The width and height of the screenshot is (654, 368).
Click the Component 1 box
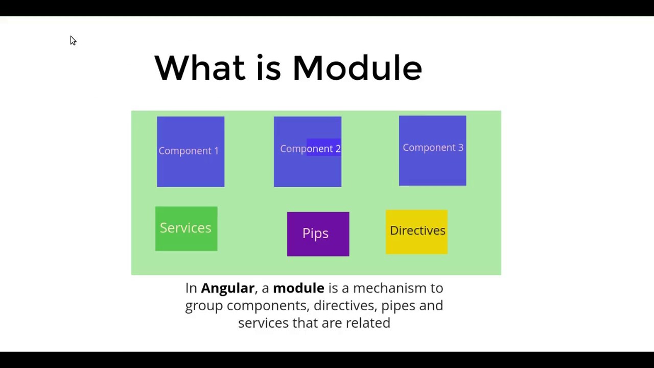coord(190,152)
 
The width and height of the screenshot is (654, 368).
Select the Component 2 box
coord(307,152)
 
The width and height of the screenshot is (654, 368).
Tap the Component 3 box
coord(432,151)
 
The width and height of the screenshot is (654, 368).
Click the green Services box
coord(186,228)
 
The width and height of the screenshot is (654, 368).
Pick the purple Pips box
coord(318,234)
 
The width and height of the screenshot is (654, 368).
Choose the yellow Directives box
coord(416,232)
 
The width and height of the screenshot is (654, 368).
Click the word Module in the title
coord(357,68)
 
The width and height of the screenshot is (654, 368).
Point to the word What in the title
coord(199,68)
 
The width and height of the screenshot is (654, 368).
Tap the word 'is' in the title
coord(268,68)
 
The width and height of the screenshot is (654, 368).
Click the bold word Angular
coord(227,288)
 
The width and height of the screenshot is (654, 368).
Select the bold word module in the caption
coord(298,288)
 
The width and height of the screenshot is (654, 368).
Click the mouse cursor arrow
coord(73,40)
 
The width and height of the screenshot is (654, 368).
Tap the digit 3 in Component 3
coord(460,148)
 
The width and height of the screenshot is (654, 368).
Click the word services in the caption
coord(263,323)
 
